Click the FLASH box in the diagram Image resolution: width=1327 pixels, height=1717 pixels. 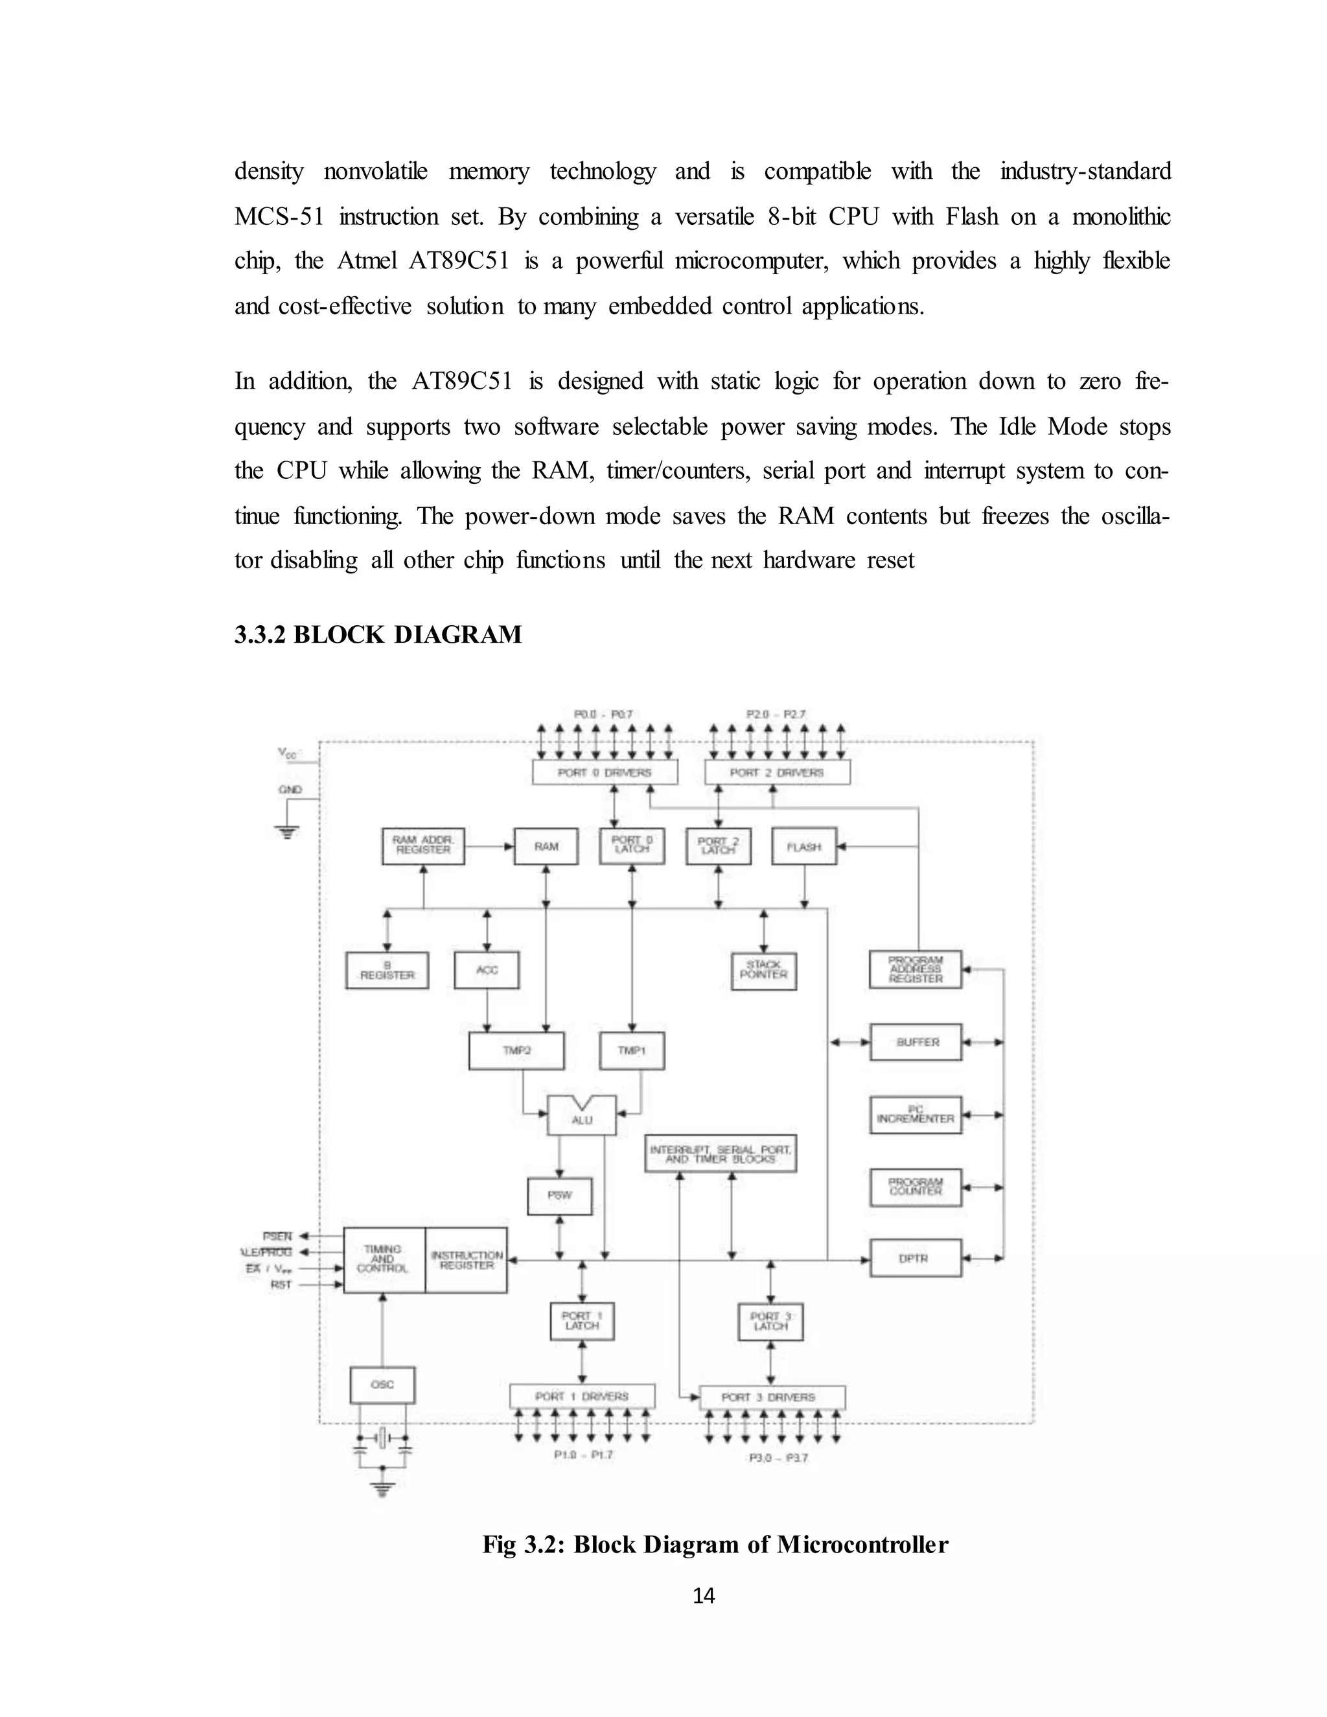803,847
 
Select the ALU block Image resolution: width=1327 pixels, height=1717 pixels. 582,1117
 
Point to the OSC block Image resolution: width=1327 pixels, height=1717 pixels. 382,1385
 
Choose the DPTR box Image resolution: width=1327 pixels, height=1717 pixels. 915,1258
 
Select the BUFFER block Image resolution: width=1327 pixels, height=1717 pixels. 916,1042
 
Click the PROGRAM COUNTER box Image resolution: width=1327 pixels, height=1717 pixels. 916,1186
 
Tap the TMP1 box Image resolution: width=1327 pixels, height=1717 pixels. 631,1050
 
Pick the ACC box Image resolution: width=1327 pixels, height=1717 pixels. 487,969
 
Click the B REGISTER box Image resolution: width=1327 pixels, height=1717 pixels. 387,970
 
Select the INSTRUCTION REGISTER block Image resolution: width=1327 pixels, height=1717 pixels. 466,1260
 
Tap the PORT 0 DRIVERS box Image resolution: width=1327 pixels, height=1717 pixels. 605,772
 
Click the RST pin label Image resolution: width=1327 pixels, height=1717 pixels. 281,1285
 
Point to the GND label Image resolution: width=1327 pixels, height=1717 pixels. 289,789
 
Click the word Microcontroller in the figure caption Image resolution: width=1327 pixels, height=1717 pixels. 862,1544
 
